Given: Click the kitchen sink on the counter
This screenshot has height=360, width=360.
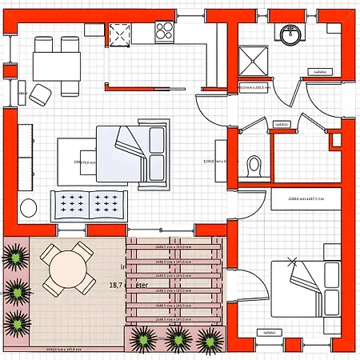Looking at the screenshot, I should tap(119, 34).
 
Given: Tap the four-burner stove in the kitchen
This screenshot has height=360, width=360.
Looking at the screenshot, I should tap(166, 31).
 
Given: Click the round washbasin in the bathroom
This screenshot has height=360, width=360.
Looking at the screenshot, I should tap(290, 34).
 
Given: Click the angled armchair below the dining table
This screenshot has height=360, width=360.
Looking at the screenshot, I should tap(41, 94).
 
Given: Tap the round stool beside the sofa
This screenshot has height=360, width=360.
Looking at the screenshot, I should tap(30, 207).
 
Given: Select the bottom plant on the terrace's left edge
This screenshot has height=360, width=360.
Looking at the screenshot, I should tap(15, 322).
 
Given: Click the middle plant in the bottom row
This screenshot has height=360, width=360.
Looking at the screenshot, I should tap(178, 338).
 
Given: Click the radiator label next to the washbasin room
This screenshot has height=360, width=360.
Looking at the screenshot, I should tap(324, 71).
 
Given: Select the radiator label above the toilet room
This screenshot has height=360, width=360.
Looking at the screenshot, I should tap(281, 124).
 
